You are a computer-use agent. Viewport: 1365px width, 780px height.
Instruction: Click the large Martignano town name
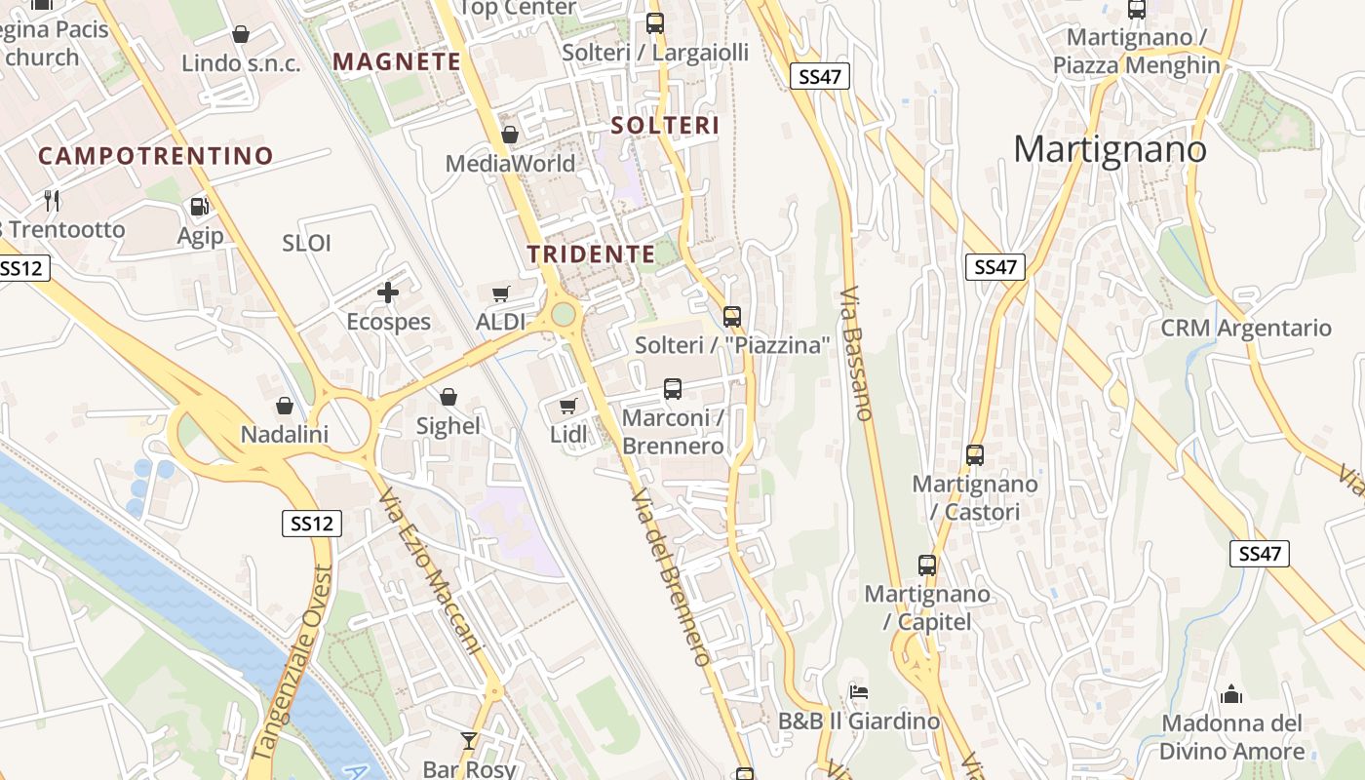[1110, 149]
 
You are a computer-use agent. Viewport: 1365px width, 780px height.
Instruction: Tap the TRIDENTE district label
[591, 254]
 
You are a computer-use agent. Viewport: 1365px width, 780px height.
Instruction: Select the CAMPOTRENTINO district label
[156, 156]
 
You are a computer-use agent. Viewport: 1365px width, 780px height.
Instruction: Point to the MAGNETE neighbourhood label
[397, 61]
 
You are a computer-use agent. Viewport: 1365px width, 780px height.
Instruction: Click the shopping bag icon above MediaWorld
[509, 135]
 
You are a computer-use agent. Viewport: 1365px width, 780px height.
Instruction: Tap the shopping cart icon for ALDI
[501, 293]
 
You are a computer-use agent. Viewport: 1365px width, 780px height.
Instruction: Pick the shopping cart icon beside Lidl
[567, 406]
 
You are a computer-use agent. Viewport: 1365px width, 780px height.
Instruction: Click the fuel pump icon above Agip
[199, 206]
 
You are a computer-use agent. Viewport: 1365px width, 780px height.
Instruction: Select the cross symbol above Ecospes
[388, 292]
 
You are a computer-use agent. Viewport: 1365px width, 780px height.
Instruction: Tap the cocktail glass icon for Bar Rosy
[469, 740]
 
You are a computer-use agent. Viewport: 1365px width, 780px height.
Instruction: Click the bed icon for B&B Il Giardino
[858, 692]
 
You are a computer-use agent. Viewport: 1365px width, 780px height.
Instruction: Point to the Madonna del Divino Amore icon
[1231, 694]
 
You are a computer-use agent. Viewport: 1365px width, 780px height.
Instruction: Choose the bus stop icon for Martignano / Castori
[975, 454]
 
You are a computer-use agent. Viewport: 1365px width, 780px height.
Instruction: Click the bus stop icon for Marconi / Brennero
[673, 389]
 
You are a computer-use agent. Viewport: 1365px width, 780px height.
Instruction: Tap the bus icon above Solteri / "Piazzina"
[732, 316]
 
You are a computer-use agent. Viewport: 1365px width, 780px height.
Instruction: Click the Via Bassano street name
[854, 353]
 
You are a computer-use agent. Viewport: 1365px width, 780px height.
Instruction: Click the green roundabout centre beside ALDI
[564, 314]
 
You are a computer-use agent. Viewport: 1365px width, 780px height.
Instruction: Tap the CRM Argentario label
[1246, 328]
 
